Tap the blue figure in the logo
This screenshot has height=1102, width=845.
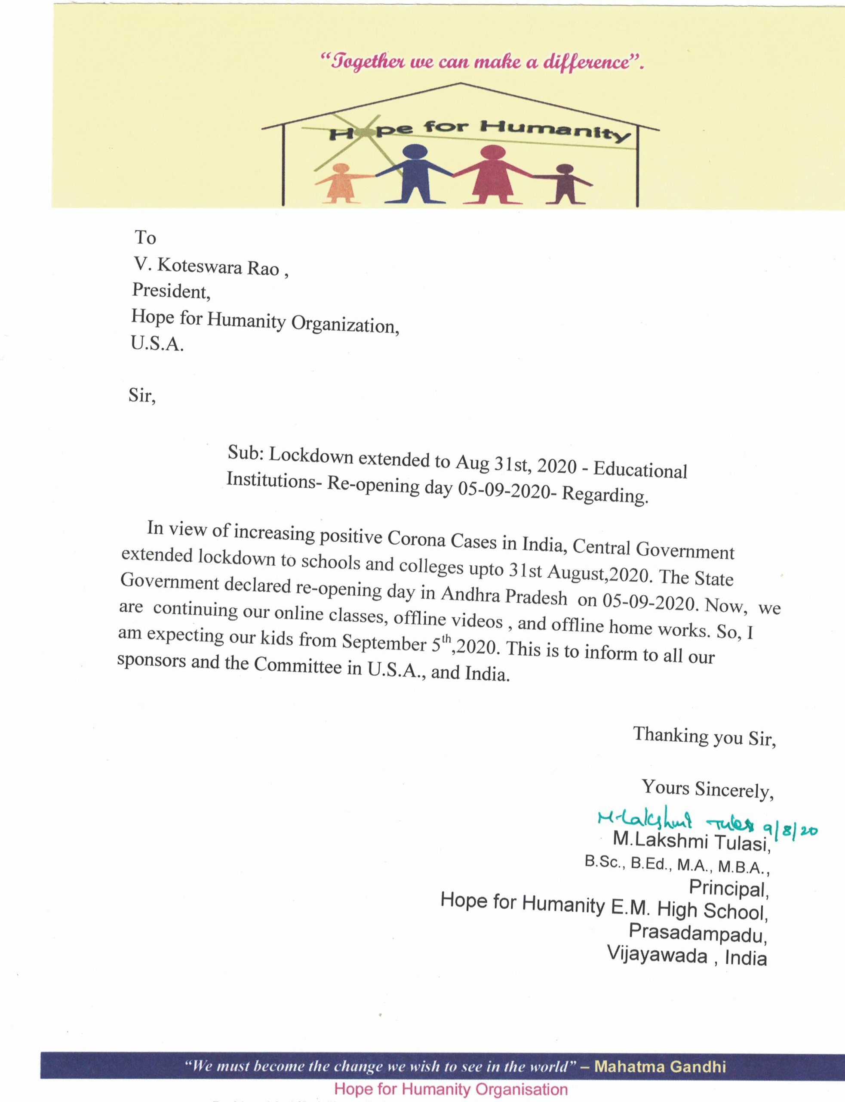coord(415,173)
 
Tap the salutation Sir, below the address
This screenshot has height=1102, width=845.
coord(142,396)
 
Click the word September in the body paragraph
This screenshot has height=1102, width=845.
coord(384,642)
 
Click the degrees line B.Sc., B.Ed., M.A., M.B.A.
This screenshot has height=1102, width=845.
coord(676,865)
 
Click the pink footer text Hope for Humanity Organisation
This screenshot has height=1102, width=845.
coord(451,1090)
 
